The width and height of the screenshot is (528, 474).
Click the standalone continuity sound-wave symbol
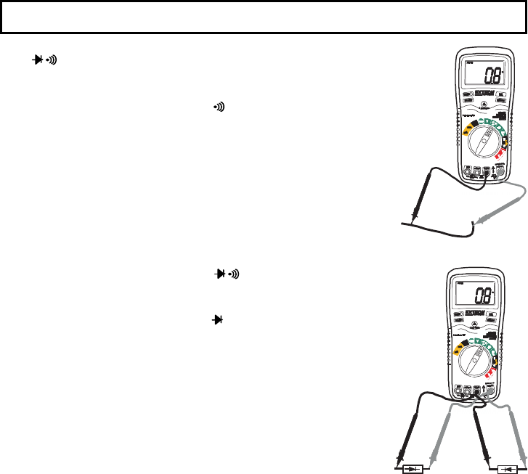click(x=217, y=107)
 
